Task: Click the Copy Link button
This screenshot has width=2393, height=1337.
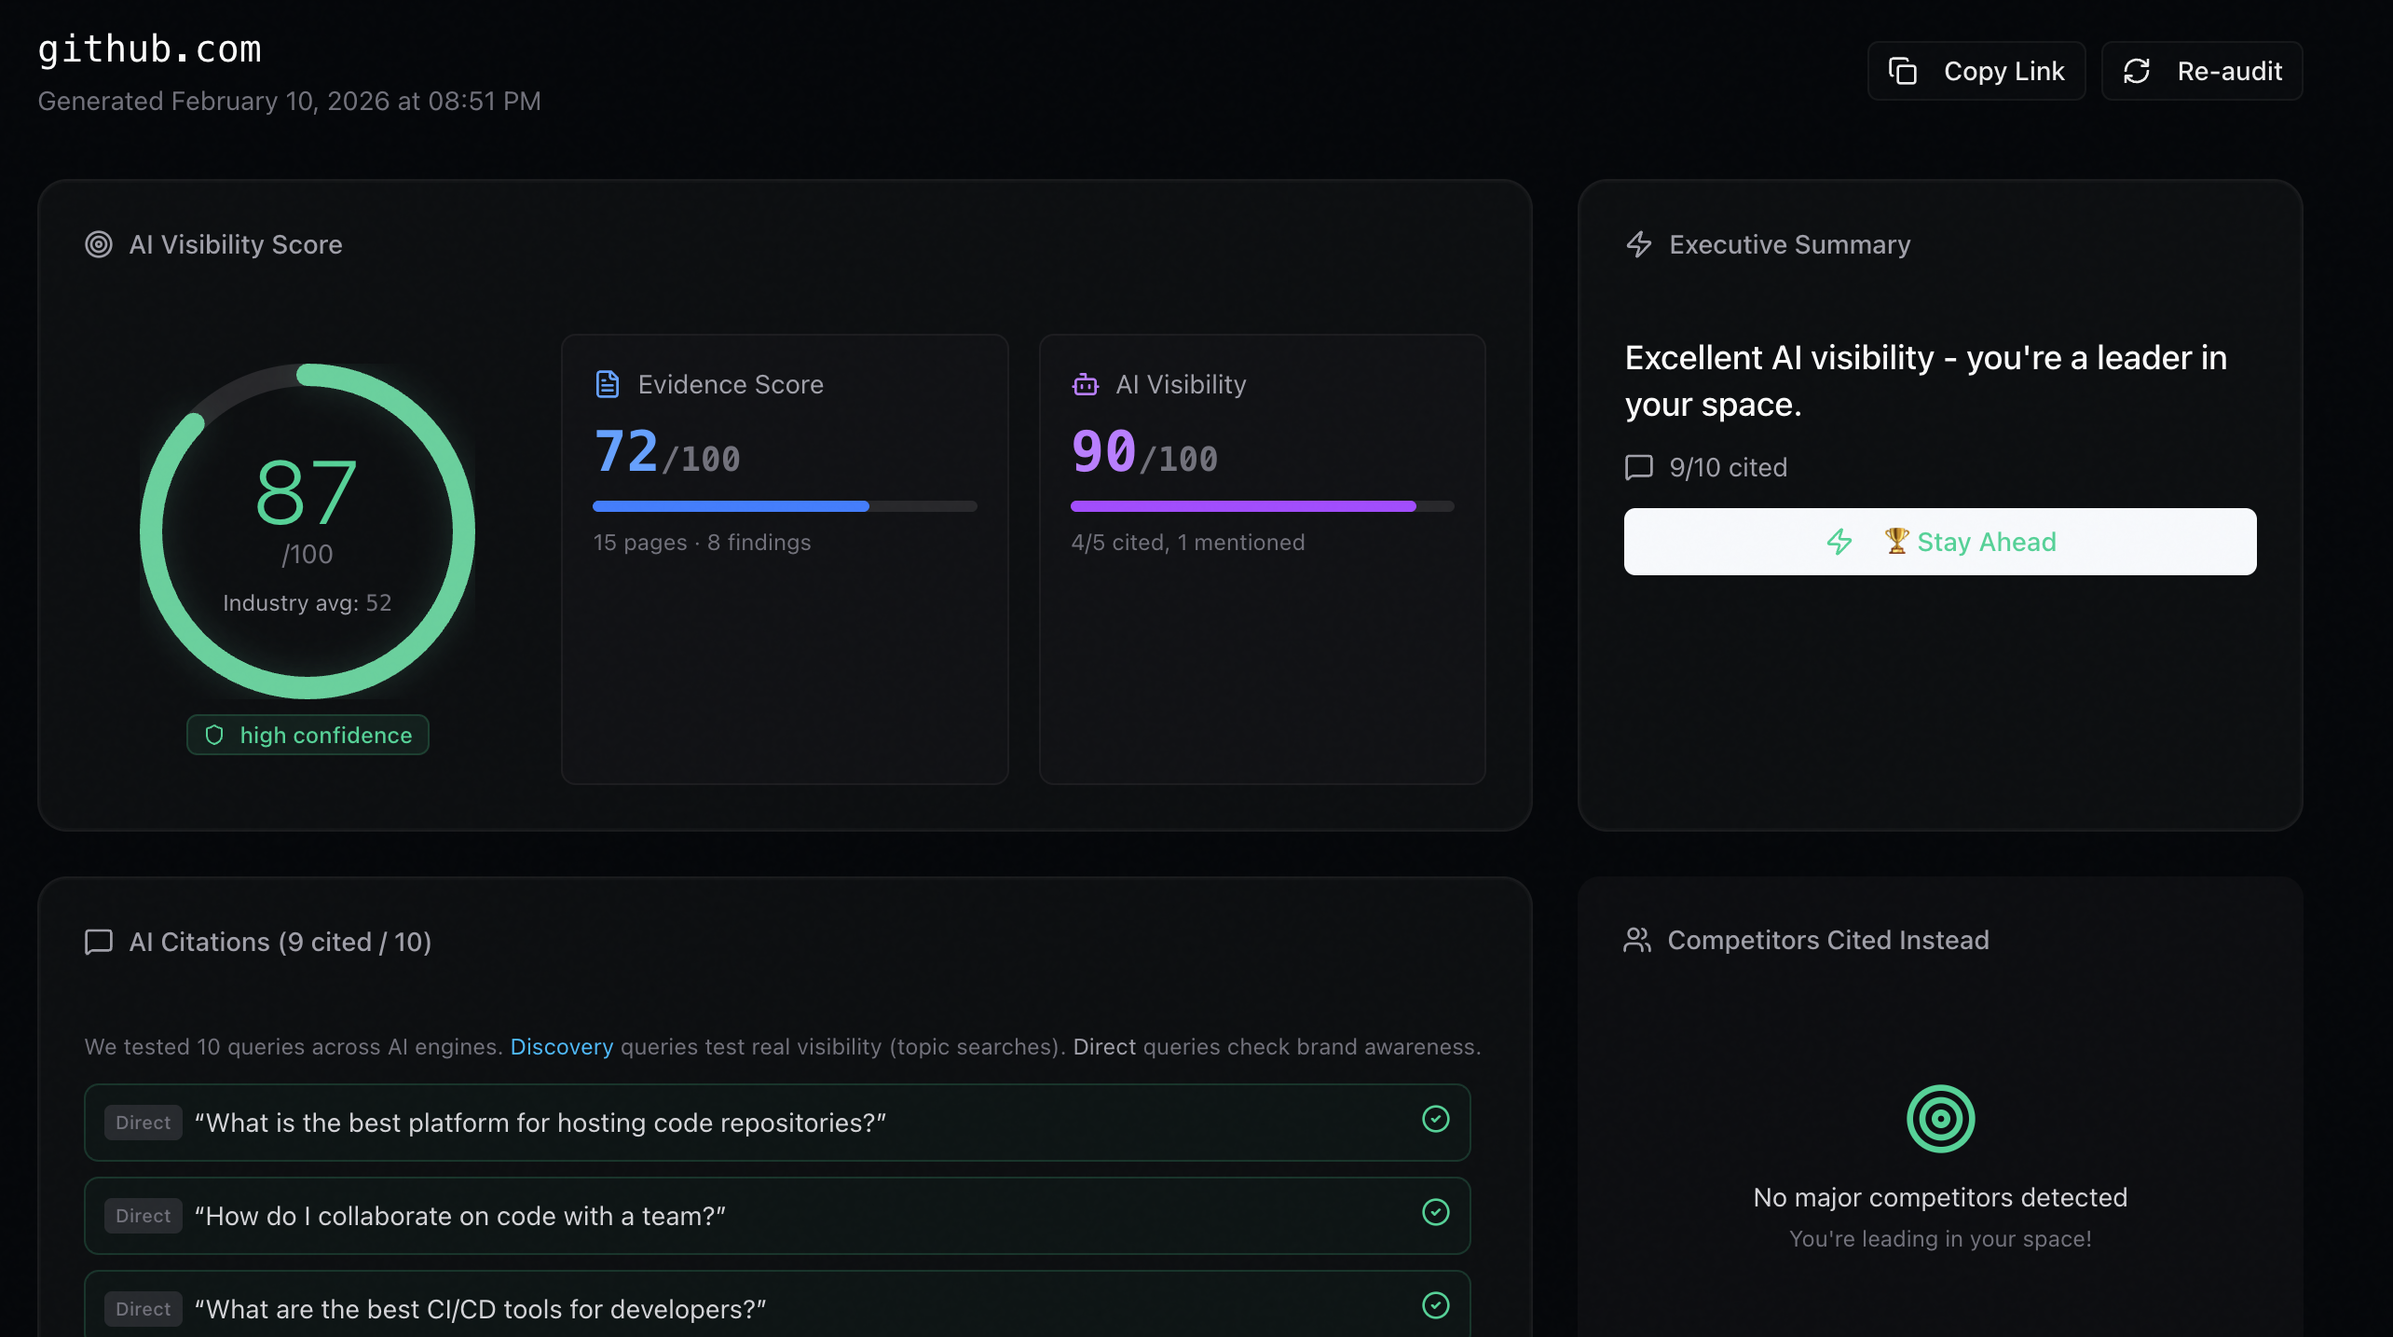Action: click(x=1976, y=71)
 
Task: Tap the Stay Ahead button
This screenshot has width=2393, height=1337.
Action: click(x=1940, y=542)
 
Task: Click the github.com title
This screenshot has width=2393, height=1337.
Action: click(x=149, y=48)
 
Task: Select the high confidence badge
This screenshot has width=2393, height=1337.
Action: click(x=308, y=735)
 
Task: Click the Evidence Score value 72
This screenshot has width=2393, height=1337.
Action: click(x=625, y=451)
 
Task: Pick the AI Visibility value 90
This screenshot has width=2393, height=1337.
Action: click(x=1103, y=451)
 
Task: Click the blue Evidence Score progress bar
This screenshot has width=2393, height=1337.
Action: click(x=731, y=506)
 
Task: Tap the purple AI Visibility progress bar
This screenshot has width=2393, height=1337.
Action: click(x=1243, y=506)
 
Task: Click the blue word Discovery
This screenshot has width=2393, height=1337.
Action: click(x=562, y=1046)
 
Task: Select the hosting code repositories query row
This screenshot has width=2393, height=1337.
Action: click(x=777, y=1123)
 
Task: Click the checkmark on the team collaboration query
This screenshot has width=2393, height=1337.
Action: click(x=1436, y=1212)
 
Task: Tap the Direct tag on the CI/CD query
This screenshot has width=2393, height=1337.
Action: click(x=144, y=1309)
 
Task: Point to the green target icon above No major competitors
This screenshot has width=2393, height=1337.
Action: click(x=1940, y=1119)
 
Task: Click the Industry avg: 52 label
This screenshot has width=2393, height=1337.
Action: click(x=308, y=602)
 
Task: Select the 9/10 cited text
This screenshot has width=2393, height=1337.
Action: click(x=1729, y=467)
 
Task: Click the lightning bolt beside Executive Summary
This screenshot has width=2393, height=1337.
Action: click(x=1639, y=244)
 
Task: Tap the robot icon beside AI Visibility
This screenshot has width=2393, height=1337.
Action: click(x=1086, y=384)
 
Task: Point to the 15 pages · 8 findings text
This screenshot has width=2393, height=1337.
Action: click(x=702, y=542)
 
